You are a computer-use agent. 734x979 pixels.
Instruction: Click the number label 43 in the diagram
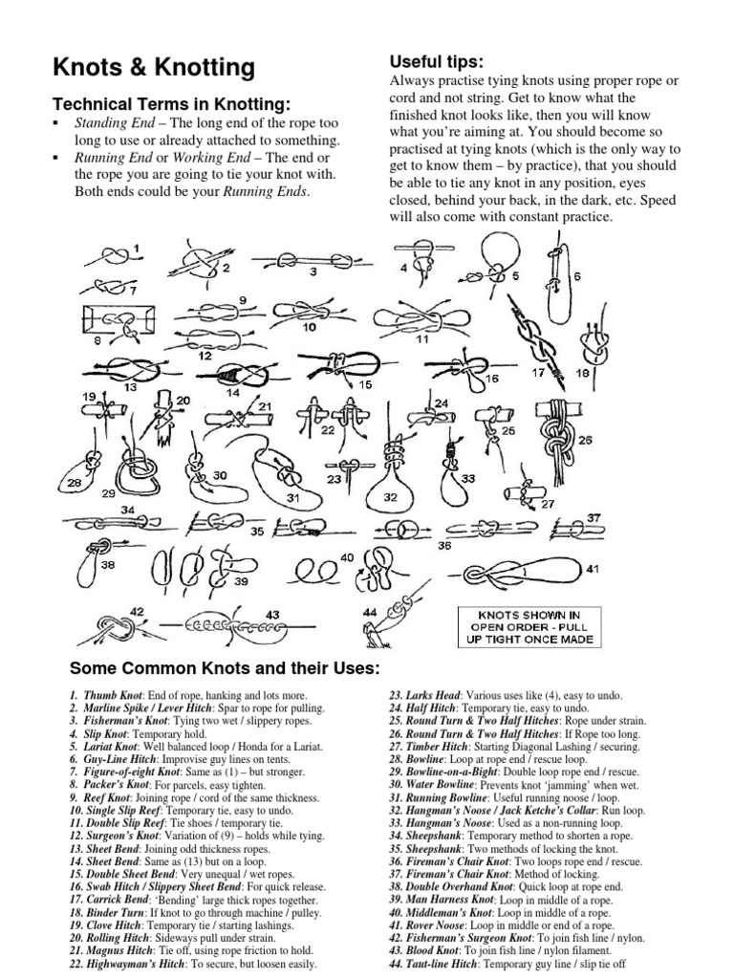point(272,614)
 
